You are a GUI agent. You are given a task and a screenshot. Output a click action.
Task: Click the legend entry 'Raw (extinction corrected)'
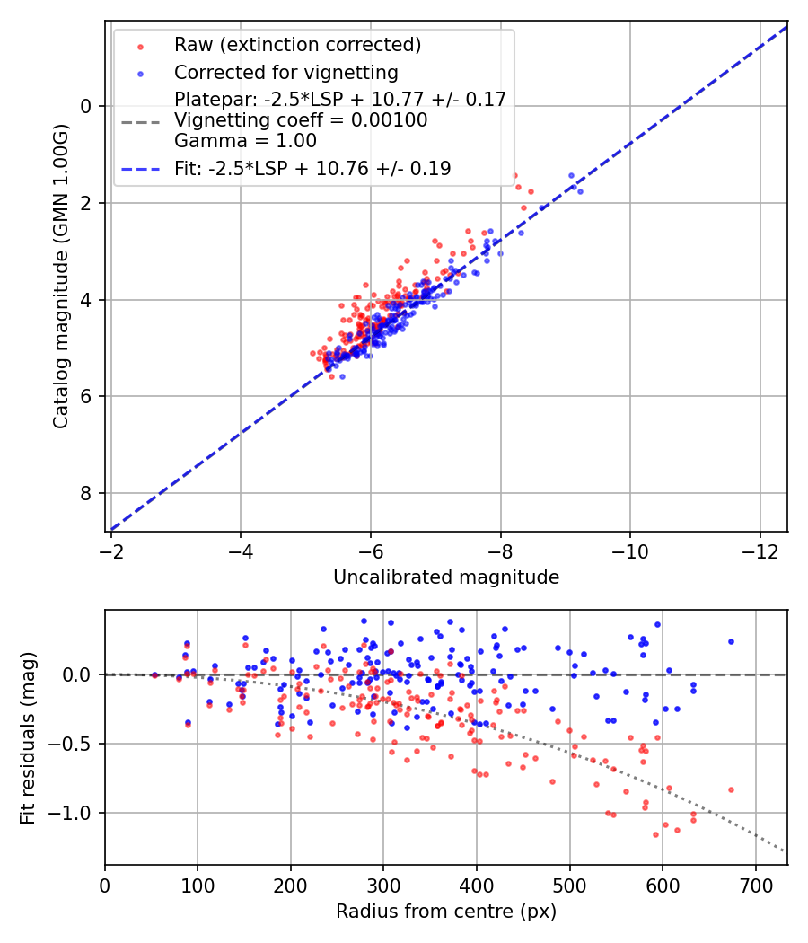(x=297, y=45)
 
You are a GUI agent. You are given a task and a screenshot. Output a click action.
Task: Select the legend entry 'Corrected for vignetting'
(x=285, y=72)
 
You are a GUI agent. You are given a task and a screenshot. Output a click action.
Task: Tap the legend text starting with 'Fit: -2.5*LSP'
(x=312, y=168)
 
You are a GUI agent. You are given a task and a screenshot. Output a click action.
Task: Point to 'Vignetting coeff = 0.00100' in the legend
(x=301, y=119)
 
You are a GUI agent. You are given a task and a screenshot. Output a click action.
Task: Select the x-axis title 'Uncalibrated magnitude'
(x=446, y=577)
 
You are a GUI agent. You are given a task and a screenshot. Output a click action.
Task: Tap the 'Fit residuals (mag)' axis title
(x=28, y=737)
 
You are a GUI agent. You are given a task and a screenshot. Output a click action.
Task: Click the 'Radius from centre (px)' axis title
(x=446, y=912)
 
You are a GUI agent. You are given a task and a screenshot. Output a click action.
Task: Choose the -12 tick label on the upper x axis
(x=760, y=551)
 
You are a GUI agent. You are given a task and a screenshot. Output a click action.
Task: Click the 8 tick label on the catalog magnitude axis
(x=87, y=493)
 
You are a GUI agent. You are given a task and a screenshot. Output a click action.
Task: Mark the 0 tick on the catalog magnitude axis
(x=87, y=106)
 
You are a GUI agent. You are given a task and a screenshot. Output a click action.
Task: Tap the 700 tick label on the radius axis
(x=755, y=884)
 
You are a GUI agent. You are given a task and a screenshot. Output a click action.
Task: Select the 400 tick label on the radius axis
(x=477, y=884)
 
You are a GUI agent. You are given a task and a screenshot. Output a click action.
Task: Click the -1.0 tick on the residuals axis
(x=76, y=813)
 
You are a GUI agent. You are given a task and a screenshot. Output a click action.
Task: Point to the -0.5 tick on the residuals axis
(x=76, y=744)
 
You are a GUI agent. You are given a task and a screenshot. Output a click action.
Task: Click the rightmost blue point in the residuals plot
(x=731, y=641)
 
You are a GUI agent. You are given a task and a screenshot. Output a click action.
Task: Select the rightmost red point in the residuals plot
(x=731, y=789)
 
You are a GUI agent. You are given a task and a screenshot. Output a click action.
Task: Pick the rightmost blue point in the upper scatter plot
(x=580, y=191)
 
